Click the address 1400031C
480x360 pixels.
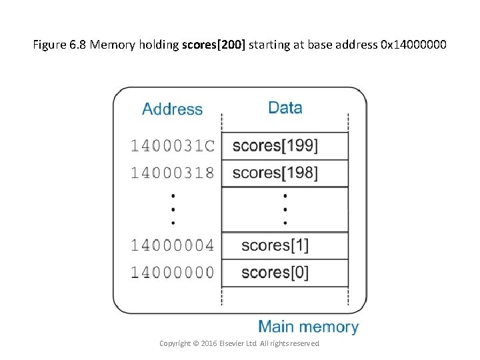click(x=172, y=145)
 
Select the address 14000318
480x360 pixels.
click(x=172, y=173)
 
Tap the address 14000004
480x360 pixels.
click(x=172, y=245)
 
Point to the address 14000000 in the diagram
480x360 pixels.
click(x=172, y=272)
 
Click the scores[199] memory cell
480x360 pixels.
click(x=285, y=146)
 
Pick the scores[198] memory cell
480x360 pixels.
click(x=285, y=173)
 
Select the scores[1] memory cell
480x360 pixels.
click(x=285, y=245)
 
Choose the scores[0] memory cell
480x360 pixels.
click(x=285, y=273)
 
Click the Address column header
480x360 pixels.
click(x=172, y=109)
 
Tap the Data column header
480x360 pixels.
click(x=285, y=108)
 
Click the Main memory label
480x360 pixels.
click(x=308, y=327)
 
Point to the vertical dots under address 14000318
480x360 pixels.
click(x=173, y=209)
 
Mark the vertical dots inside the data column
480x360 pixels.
click(x=285, y=209)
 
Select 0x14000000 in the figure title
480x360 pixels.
click(x=413, y=45)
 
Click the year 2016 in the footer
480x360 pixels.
click(x=209, y=343)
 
